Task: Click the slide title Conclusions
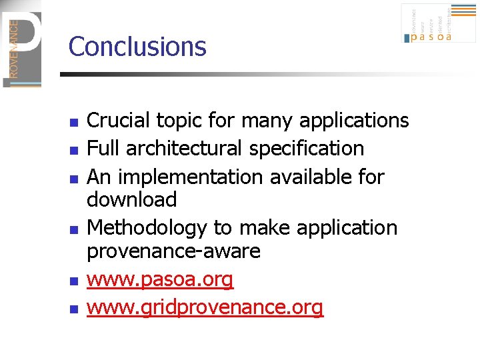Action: click(x=137, y=47)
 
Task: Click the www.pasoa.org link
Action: click(x=160, y=280)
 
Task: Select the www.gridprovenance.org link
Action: click(x=205, y=307)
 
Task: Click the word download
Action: click(x=132, y=199)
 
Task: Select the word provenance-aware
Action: click(x=173, y=251)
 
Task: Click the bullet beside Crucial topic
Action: click(x=75, y=123)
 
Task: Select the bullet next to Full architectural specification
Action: click(x=75, y=150)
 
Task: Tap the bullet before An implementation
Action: click(x=75, y=179)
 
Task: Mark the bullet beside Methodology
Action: click(x=75, y=230)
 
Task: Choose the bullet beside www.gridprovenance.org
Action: click(x=75, y=309)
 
